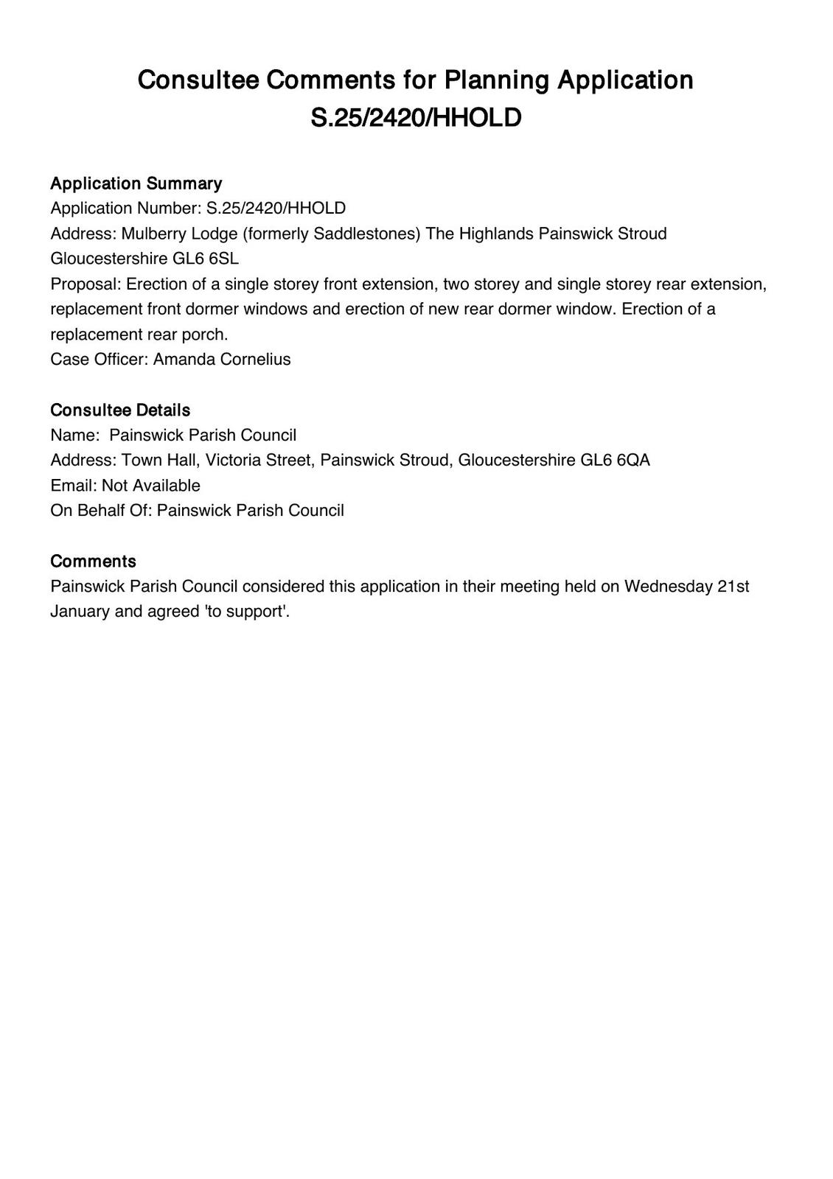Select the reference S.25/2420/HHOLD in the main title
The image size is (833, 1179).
point(416,118)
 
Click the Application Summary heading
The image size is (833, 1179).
point(136,183)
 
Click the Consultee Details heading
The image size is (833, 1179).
point(120,410)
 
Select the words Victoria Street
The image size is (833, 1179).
point(258,461)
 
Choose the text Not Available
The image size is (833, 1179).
point(151,486)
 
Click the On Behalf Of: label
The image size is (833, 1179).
point(101,511)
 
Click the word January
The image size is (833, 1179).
point(80,612)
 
